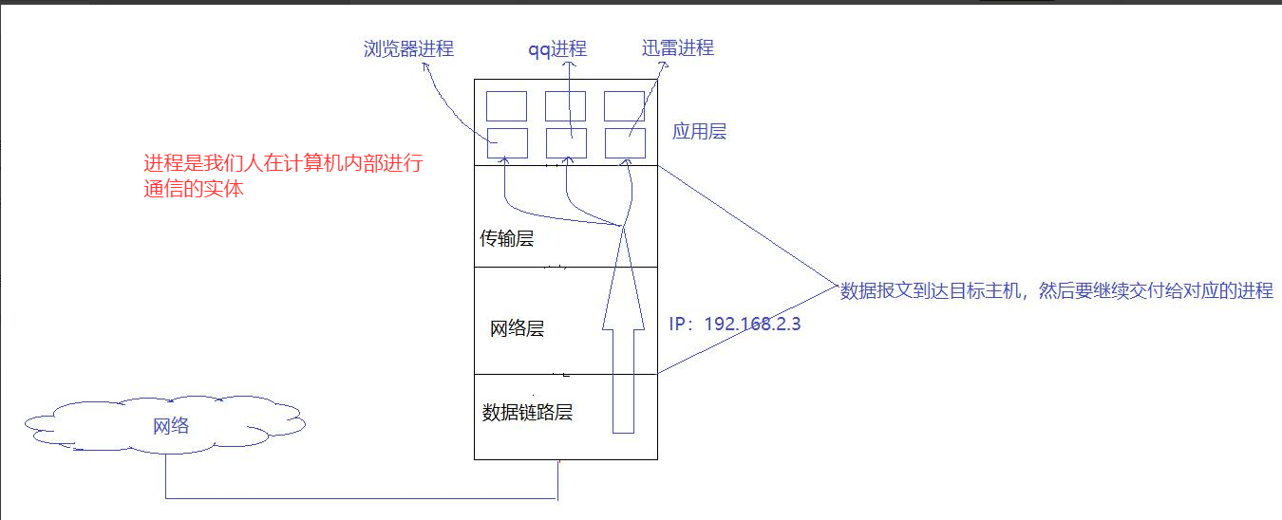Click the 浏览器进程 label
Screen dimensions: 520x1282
(408, 48)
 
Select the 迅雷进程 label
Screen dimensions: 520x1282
(677, 47)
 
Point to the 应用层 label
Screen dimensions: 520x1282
(699, 132)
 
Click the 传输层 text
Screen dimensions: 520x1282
(507, 238)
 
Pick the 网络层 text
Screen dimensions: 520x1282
(517, 329)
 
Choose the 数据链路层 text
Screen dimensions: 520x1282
(527, 412)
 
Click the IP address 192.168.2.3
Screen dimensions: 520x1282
(735, 324)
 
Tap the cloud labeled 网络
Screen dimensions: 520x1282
(169, 426)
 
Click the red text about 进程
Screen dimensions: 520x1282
(282, 176)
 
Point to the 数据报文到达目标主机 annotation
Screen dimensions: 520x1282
(1056, 291)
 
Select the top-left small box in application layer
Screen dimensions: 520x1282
(506, 105)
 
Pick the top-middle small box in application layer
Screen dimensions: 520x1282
(566, 105)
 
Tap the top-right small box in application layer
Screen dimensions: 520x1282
(625, 105)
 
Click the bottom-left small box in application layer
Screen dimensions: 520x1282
(506, 142)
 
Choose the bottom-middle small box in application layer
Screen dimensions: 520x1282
(566, 142)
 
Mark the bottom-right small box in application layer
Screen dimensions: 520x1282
(625, 142)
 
